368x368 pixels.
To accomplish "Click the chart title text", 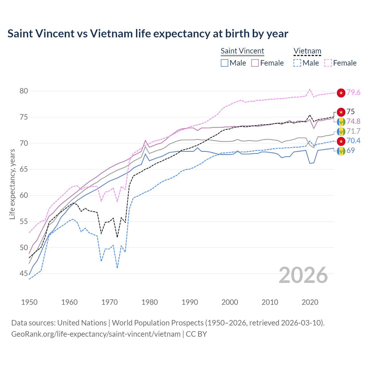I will point(148,34).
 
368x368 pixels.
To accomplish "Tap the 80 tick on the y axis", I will point(24,91).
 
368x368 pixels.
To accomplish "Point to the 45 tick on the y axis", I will point(24,274).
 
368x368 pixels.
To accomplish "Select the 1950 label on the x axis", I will point(29,302).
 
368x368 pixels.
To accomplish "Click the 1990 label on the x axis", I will point(190,302).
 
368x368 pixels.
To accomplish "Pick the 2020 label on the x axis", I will point(310,302).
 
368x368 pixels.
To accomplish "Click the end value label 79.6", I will point(353,93).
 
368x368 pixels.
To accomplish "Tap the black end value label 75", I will point(350,112).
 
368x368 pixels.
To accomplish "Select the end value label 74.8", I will point(353,122).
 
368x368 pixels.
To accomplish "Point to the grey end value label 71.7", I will point(353,131).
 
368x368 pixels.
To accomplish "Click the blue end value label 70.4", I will point(353,141).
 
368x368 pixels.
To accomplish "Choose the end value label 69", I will point(350,151).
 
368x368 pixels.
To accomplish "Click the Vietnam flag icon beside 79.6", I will point(341,93).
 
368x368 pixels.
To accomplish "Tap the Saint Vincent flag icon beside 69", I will point(341,151).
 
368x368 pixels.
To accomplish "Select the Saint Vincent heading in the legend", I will point(242,51).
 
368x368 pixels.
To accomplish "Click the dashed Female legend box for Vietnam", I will point(328,63).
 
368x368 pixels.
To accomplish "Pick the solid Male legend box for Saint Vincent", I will point(225,63).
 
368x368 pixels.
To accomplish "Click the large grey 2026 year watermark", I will point(303,275).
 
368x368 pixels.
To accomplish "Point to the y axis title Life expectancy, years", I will point(12,184).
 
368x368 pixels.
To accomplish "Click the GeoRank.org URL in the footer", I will point(96,334).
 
